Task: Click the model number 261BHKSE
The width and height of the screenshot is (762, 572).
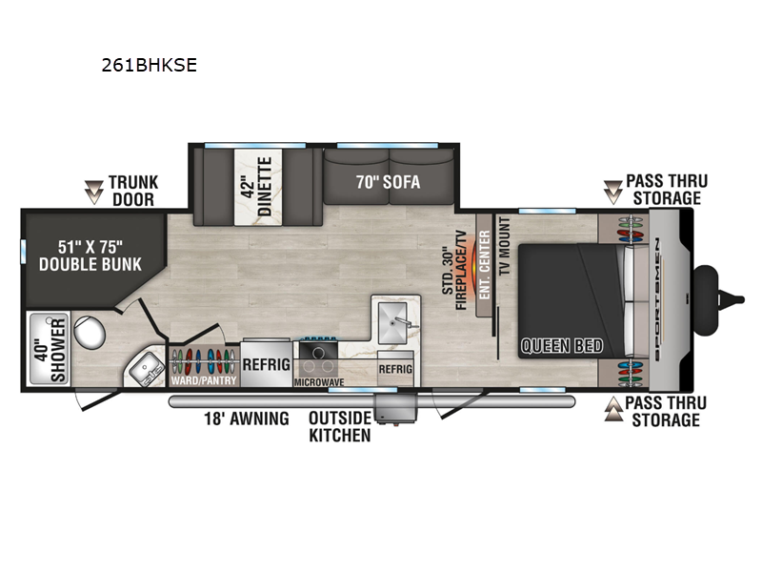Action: click(150, 65)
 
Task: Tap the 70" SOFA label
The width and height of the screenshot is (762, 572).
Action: click(388, 182)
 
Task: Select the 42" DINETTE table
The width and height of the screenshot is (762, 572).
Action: click(258, 187)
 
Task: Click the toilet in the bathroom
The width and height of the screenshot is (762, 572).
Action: click(90, 332)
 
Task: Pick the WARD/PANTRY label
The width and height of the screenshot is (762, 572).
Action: click(204, 380)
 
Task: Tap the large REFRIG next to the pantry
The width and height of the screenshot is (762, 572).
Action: click(267, 364)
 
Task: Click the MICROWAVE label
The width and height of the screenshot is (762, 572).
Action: click(319, 382)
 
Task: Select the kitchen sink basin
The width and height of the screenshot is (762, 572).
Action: click(392, 321)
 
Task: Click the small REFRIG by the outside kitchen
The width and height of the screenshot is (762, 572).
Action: click(395, 369)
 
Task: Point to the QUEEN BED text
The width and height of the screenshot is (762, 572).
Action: click(562, 346)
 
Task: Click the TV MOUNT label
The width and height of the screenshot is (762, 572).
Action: click(505, 246)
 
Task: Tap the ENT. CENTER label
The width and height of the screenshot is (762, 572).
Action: click(485, 265)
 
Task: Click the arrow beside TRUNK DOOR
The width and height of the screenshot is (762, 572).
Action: click(93, 192)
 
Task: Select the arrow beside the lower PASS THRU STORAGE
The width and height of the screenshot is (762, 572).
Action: click(613, 409)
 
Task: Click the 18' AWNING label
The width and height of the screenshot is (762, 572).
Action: click(247, 419)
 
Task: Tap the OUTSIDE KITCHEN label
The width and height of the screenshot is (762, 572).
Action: click(340, 426)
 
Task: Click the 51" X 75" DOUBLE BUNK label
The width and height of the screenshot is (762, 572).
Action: click(90, 255)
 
